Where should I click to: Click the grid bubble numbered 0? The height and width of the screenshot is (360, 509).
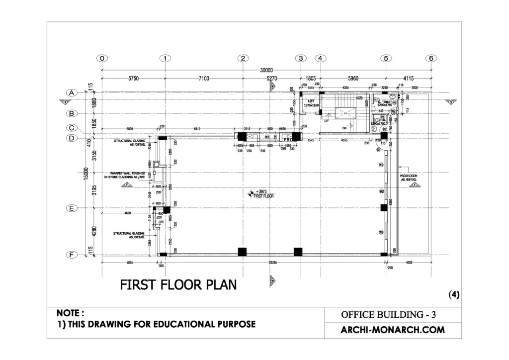[x=101, y=58]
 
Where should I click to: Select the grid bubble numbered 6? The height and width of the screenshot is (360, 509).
[x=430, y=58]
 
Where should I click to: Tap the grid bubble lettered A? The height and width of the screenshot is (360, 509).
[x=72, y=92]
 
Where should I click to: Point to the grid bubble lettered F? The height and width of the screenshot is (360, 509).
[x=72, y=255]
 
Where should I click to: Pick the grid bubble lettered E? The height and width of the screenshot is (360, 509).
[x=72, y=209]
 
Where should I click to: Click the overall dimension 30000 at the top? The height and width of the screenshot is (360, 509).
[x=266, y=71]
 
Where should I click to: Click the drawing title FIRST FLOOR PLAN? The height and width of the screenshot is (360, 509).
[x=178, y=285]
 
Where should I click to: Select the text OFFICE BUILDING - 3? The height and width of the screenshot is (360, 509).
[x=388, y=315]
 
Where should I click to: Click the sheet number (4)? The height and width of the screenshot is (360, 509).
[x=454, y=294]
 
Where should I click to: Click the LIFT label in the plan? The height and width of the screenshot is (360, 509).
[x=312, y=100]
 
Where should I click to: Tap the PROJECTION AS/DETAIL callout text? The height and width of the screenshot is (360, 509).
[x=409, y=178]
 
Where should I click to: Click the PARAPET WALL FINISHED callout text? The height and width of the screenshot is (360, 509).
[x=124, y=175]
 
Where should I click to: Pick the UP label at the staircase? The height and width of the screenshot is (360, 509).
[x=326, y=121]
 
